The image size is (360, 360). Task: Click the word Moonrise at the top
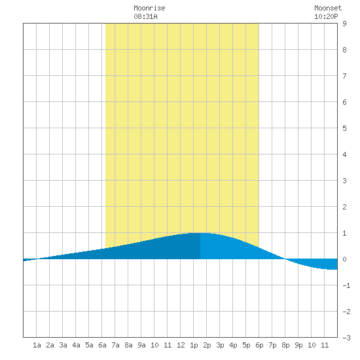(x=149, y=8)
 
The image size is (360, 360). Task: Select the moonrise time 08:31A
(x=145, y=16)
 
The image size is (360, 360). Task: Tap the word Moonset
(x=328, y=8)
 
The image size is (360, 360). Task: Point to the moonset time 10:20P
(x=326, y=16)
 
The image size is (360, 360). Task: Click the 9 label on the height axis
(x=344, y=24)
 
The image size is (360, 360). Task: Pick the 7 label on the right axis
(x=344, y=76)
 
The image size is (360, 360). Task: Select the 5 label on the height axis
(x=344, y=128)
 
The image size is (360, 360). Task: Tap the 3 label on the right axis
(x=344, y=181)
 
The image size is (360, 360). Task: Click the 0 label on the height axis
(x=344, y=259)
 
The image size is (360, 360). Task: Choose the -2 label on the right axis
(x=346, y=312)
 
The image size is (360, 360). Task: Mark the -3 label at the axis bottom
(x=346, y=338)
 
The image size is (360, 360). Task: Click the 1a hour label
(x=37, y=345)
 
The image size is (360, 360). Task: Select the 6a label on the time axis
(x=102, y=345)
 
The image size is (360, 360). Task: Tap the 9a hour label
(x=141, y=345)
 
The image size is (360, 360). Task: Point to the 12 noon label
(x=181, y=345)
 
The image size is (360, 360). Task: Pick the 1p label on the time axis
(x=194, y=345)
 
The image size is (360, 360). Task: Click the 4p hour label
(x=233, y=345)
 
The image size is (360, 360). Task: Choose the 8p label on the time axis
(x=285, y=345)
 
